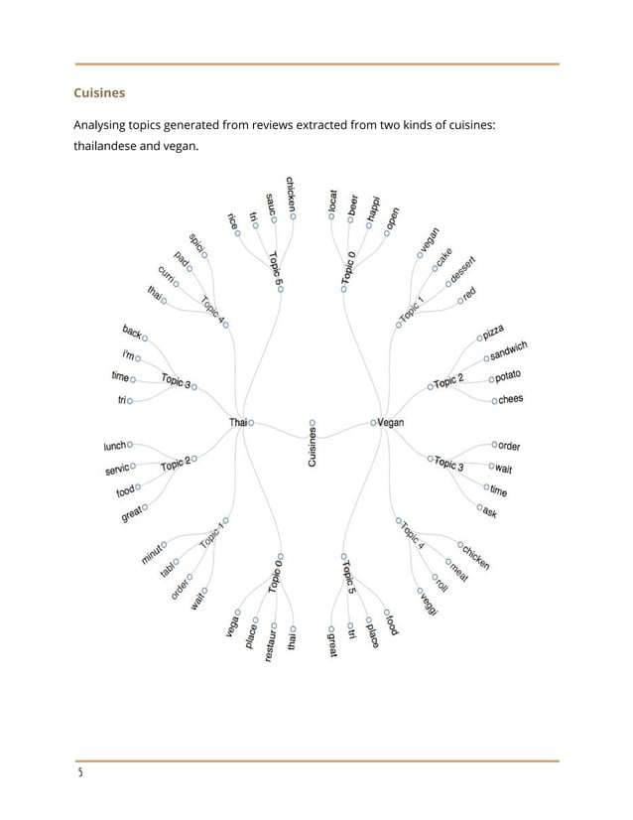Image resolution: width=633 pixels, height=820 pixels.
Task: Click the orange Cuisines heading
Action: (99, 93)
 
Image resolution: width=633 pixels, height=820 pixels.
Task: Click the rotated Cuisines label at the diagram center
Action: (313, 449)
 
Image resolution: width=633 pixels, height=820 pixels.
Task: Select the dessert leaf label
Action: (462, 269)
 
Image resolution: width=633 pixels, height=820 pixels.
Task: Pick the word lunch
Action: (115, 446)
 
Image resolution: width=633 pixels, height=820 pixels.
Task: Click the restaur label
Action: (270, 644)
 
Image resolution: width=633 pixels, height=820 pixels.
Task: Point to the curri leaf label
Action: (166, 276)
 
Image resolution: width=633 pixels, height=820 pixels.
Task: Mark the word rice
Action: (232, 220)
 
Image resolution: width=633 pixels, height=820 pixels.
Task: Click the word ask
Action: (489, 512)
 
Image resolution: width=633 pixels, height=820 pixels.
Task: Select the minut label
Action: (152, 554)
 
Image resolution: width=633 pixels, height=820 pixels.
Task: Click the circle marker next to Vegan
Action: (374, 422)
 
